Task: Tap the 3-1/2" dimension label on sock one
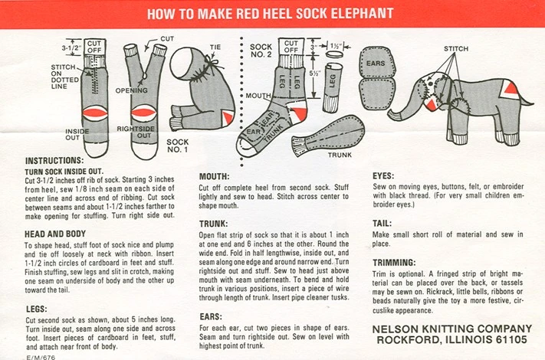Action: tap(71, 47)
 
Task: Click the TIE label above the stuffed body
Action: tap(215, 47)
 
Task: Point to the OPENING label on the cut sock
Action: tap(131, 90)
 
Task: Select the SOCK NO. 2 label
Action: tap(261, 51)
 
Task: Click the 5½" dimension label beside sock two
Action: tap(315, 74)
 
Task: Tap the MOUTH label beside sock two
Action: tap(258, 96)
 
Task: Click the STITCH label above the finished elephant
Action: tap(456, 48)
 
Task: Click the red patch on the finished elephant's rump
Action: tap(511, 87)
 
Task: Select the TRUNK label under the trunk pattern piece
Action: tap(340, 155)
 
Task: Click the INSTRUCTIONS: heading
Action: tap(54, 161)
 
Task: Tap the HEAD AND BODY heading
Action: tap(55, 234)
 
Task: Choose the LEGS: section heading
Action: tap(37, 309)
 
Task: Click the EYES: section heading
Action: tap(383, 175)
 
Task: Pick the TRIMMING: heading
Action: tap(394, 263)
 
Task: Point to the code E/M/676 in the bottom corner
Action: tap(41, 357)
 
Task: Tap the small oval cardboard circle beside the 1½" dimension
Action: tap(334, 55)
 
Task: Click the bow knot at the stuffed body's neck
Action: tap(212, 64)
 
